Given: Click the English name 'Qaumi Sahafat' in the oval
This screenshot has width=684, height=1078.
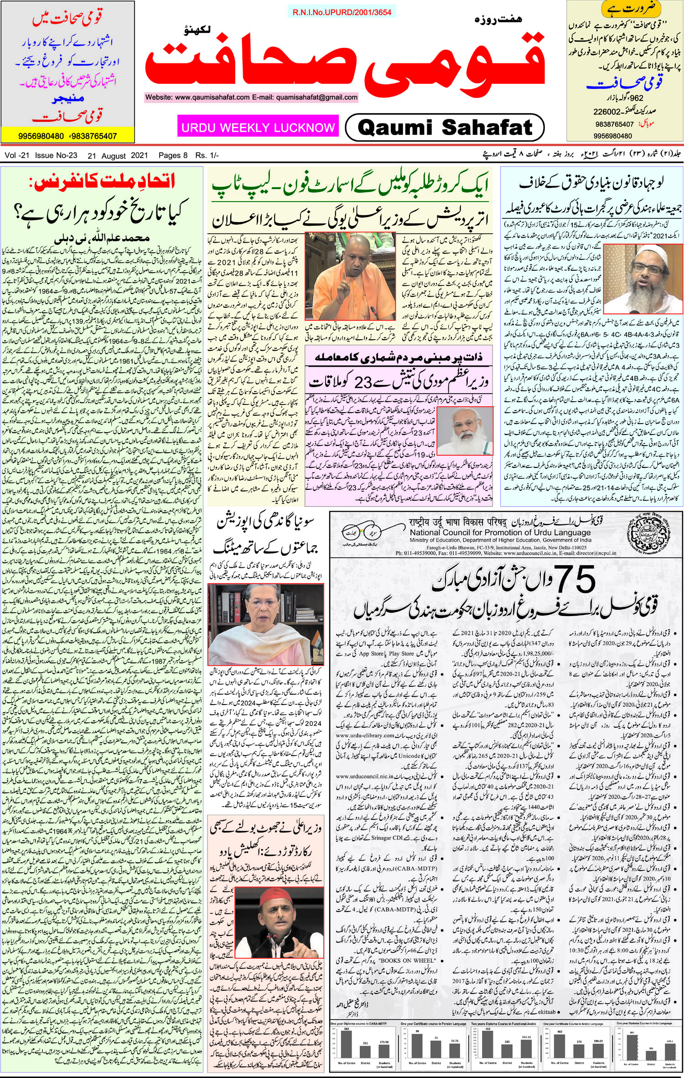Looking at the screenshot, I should click(445, 127).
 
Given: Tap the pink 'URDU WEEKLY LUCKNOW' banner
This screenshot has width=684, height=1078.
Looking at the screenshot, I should click(258, 127).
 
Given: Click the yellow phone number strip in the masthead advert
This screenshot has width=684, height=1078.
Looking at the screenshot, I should click(67, 136).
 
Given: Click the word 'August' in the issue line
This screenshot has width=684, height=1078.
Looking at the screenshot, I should click(114, 155).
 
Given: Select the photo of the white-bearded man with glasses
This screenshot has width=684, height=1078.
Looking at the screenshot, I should click(469, 430).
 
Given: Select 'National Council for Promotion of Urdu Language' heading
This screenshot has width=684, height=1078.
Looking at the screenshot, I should click(500, 532).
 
